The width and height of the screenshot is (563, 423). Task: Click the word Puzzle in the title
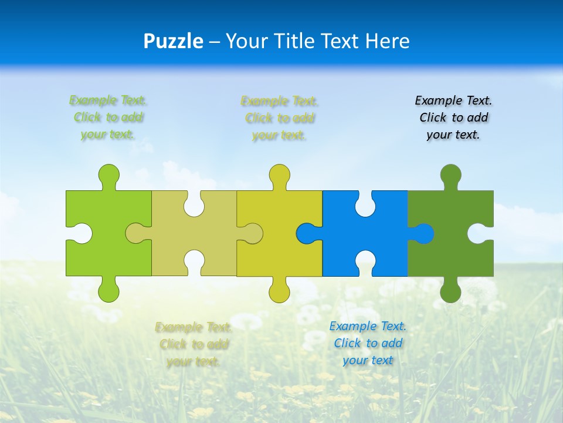(x=174, y=42)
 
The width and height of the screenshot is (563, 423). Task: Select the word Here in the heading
(x=387, y=41)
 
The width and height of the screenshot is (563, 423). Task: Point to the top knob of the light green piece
(x=108, y=175)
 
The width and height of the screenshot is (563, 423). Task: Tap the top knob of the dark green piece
(x=450, y=175)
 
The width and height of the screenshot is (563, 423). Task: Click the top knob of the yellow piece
(x=280, y=175)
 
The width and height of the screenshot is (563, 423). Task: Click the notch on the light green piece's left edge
(x=80, y=233)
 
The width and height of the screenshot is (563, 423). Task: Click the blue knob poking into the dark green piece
(x=422, y=233)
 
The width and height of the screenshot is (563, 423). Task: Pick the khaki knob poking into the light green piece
(x=137, y=233)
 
